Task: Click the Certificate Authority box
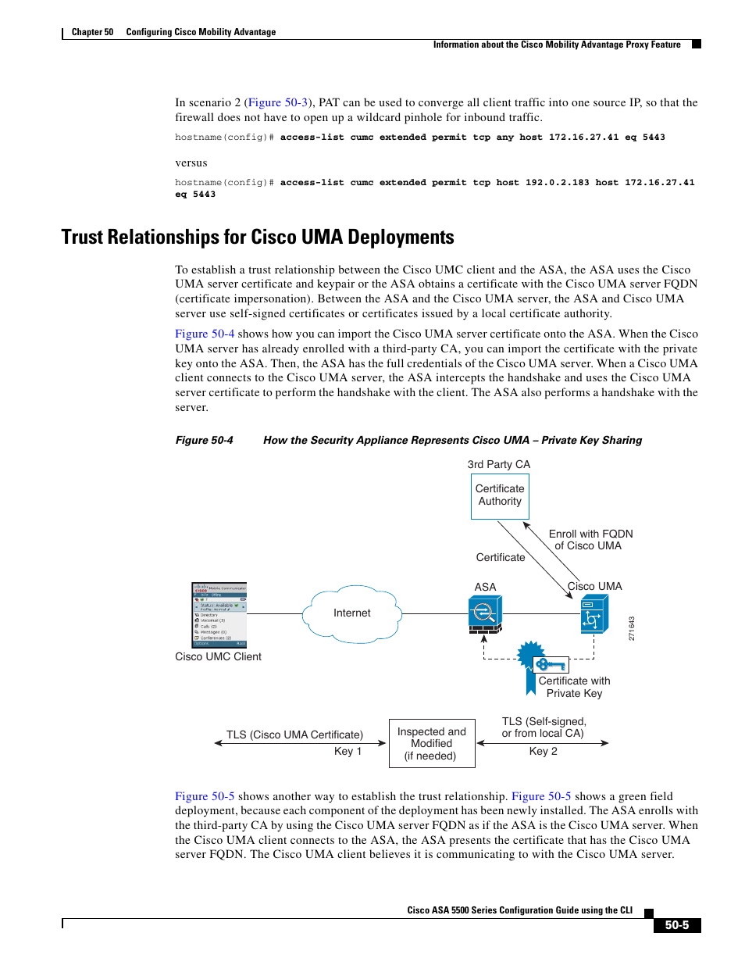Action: pos(500,495)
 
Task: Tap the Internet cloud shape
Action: pos(352,613)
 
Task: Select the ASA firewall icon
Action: pos(484,613)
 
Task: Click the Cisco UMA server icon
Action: pos(594,614)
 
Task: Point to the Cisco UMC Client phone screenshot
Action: pos(219,614)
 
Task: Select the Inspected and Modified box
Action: pos(432,743)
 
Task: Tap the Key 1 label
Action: pos(348,751)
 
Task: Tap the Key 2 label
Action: pos(543,751)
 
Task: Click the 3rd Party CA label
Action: pos(498,464)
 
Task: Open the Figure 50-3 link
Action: pos(278,102)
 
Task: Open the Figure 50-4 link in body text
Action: pos(205,334)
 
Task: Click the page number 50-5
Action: pos(676,925)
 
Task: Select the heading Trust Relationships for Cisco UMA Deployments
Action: pos(258,238)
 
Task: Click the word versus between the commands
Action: pos(191,163)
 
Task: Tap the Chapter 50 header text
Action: pos(92,32)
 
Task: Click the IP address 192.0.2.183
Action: pos(557,183)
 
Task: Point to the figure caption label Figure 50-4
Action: pos(204,441)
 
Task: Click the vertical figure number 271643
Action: pos(632,628)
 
